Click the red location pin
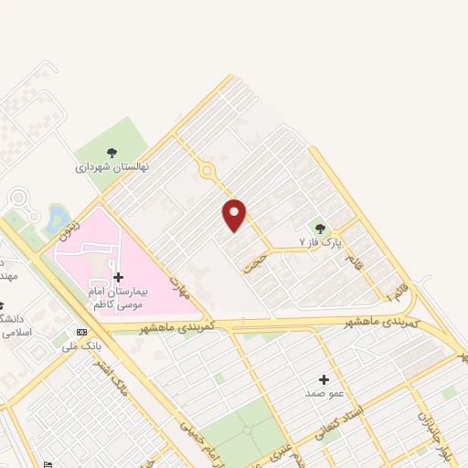click(235, 214)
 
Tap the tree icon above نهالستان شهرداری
click(112, 153)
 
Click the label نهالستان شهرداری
click(112, 168)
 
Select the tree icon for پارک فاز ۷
click(319, 228)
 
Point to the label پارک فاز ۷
click(320, 242)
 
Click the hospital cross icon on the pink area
click(118, 277)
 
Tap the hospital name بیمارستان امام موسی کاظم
click(118, 296)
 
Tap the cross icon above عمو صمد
click(324, 378)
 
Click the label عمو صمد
click(324, 393)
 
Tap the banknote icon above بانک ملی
click(82, 332)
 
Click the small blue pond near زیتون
click(58, 218)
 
